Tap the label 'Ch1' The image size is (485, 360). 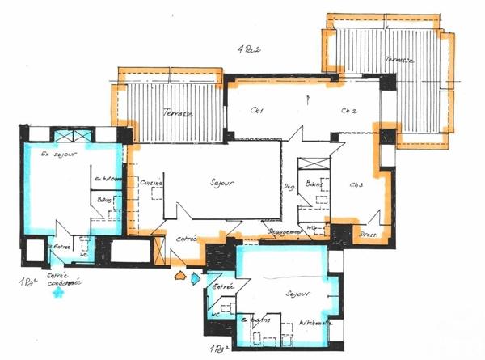259,110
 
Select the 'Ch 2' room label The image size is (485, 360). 349,110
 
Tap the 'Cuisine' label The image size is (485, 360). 151,184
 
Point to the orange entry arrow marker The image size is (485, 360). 179,277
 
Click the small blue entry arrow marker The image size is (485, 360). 196,279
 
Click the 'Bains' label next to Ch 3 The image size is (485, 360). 314,184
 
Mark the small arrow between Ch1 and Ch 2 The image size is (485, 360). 309,100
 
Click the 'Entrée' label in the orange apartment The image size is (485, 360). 187,239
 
